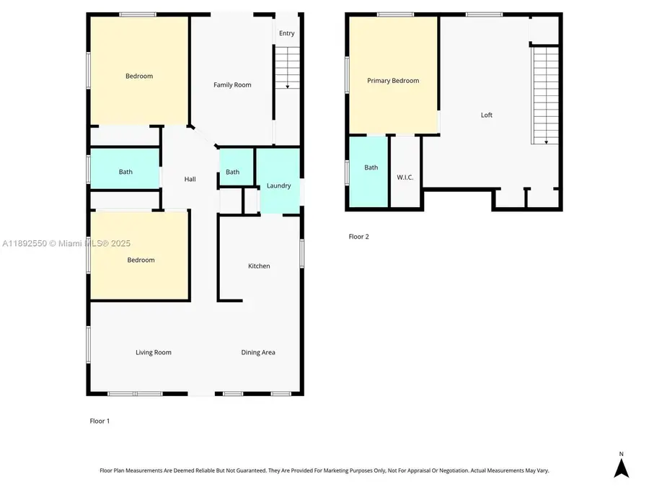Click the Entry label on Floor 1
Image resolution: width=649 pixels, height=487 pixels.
[x=287, y=33]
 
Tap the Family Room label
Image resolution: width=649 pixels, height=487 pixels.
[x=232, y=85]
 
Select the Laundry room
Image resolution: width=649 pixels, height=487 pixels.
[x=279, y=185]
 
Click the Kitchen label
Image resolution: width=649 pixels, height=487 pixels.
[x=259, y=266]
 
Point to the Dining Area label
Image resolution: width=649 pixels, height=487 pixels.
[x=258, y=352]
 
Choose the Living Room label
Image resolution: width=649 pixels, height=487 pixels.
[x=154, y=352]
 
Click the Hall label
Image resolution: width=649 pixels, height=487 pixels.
[x=190, y=179]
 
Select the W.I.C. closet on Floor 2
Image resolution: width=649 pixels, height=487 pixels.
[x=405, y=177]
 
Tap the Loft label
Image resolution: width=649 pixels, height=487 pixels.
[x=487, y=115]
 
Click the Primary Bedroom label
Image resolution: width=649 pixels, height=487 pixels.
[x=393, y=81]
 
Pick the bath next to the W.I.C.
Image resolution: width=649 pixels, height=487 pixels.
[x=371, y=167]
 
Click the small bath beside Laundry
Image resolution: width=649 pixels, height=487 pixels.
[x=232, y=172]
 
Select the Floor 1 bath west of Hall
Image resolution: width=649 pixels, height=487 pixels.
[x=125, y=172]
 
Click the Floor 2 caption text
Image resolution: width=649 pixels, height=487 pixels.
[x=358, y=237]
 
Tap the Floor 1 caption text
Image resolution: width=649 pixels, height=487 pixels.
[x=100, y=421]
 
